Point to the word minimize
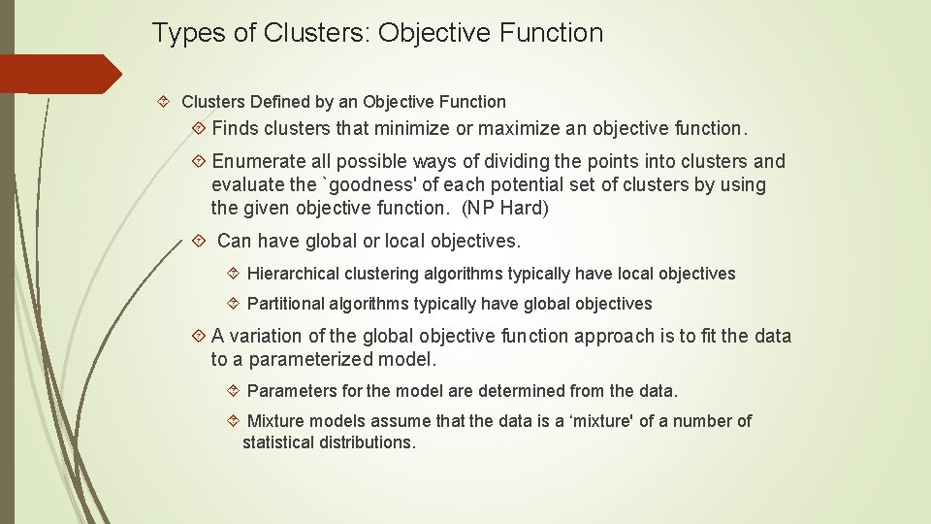click(412, 128)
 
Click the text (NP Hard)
click(505, 208)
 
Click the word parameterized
click(310, 360)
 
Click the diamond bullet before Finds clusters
click(199, 128)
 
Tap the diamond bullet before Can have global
click(199, 241)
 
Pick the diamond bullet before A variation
click(199, 337)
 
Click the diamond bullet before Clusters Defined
click(164, 102)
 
